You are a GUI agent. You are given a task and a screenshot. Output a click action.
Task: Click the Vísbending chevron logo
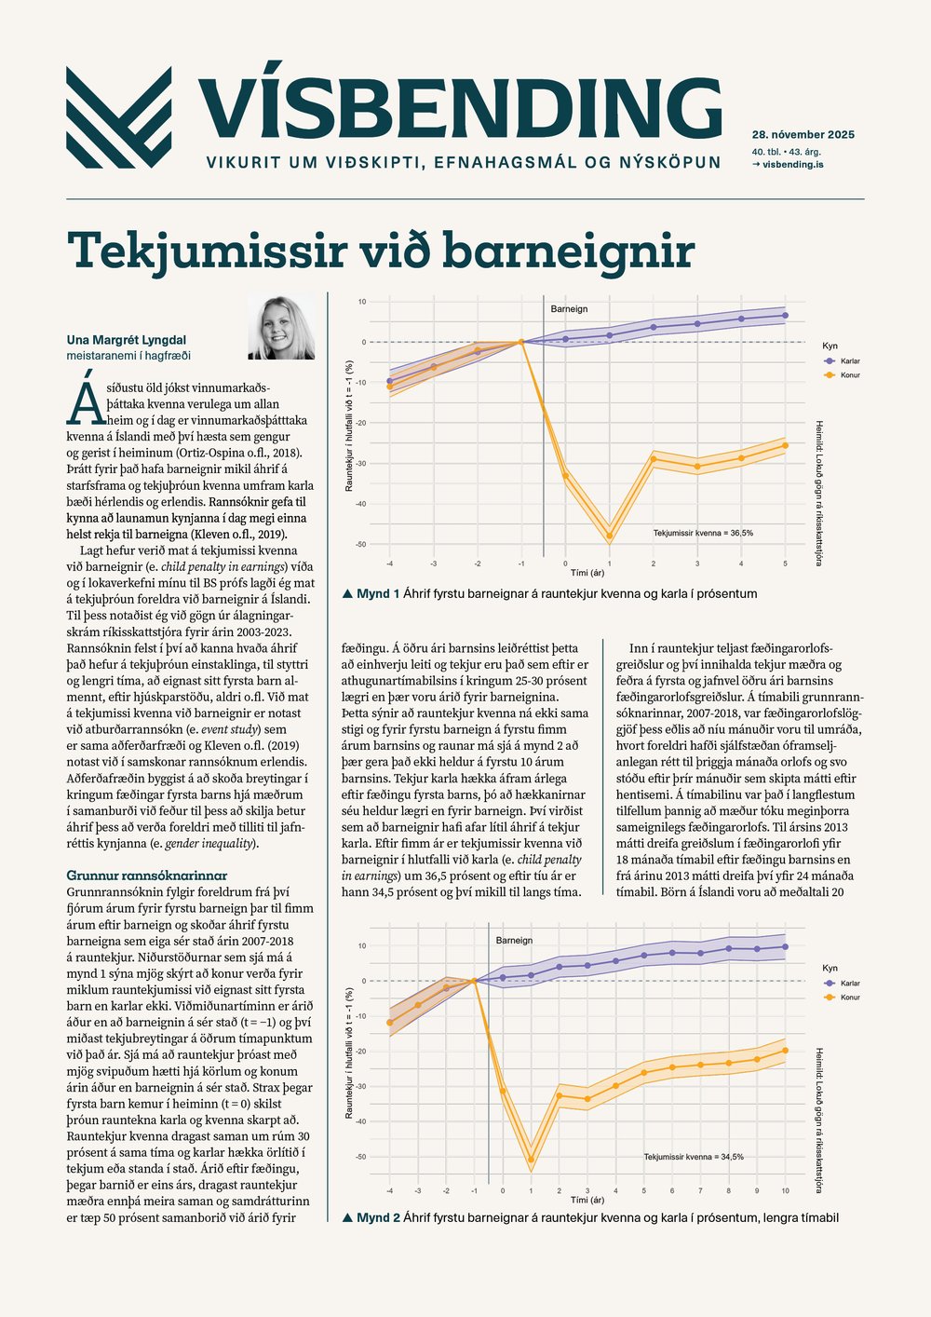119,117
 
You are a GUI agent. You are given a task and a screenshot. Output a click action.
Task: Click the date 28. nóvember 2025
803,135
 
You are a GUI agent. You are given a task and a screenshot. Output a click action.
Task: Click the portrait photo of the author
280,328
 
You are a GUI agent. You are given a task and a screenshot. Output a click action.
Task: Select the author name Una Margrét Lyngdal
127,340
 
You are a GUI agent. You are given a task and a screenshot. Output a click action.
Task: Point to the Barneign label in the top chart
569,309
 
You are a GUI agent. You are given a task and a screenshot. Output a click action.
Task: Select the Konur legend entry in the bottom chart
849,998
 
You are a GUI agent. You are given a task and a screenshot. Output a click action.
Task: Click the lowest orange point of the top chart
609,536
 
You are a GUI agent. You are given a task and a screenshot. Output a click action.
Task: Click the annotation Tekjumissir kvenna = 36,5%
703,533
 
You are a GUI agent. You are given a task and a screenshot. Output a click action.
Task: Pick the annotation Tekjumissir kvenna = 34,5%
694,1157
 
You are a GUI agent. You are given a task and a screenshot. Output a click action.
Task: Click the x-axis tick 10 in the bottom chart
785,1191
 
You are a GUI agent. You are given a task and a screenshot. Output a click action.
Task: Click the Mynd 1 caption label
378,593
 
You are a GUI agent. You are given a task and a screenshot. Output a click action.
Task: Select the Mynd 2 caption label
378,1217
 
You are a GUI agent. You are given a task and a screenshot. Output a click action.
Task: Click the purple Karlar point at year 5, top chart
785,316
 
